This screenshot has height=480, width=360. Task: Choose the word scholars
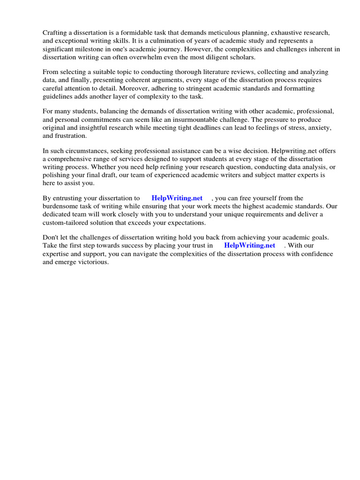(x=229, y=58)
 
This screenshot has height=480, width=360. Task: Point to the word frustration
(x=71, y=136)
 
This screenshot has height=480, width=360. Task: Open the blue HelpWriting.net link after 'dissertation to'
(x=177, y=198)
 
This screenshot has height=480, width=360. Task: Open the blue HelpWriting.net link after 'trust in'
(x=249, y=246)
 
